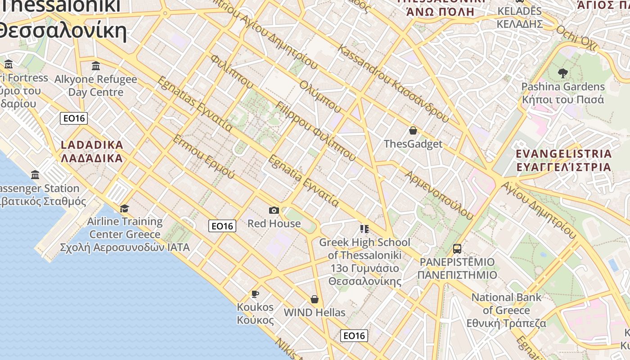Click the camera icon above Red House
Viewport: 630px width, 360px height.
tap(274, 210)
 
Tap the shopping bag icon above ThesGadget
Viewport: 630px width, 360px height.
tap(413, 131)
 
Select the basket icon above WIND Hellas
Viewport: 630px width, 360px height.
tap(315, 299)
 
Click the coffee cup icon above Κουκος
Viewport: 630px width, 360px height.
tap(255, 294)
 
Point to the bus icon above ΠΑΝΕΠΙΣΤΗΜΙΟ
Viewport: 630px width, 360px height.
tap(457, 248)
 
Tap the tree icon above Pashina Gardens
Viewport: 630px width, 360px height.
tap(562, 73)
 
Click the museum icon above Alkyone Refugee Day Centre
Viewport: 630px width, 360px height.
tap(95, 66)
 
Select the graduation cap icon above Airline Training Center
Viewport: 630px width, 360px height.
tap(124, 208)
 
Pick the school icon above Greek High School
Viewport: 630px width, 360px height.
tap(364, 229)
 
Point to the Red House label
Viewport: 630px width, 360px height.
tap(274, 223)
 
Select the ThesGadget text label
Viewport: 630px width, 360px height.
tap(413, 144)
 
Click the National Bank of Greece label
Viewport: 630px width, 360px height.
tap(506, 310)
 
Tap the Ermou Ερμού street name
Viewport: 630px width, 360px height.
tap(204, 156)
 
